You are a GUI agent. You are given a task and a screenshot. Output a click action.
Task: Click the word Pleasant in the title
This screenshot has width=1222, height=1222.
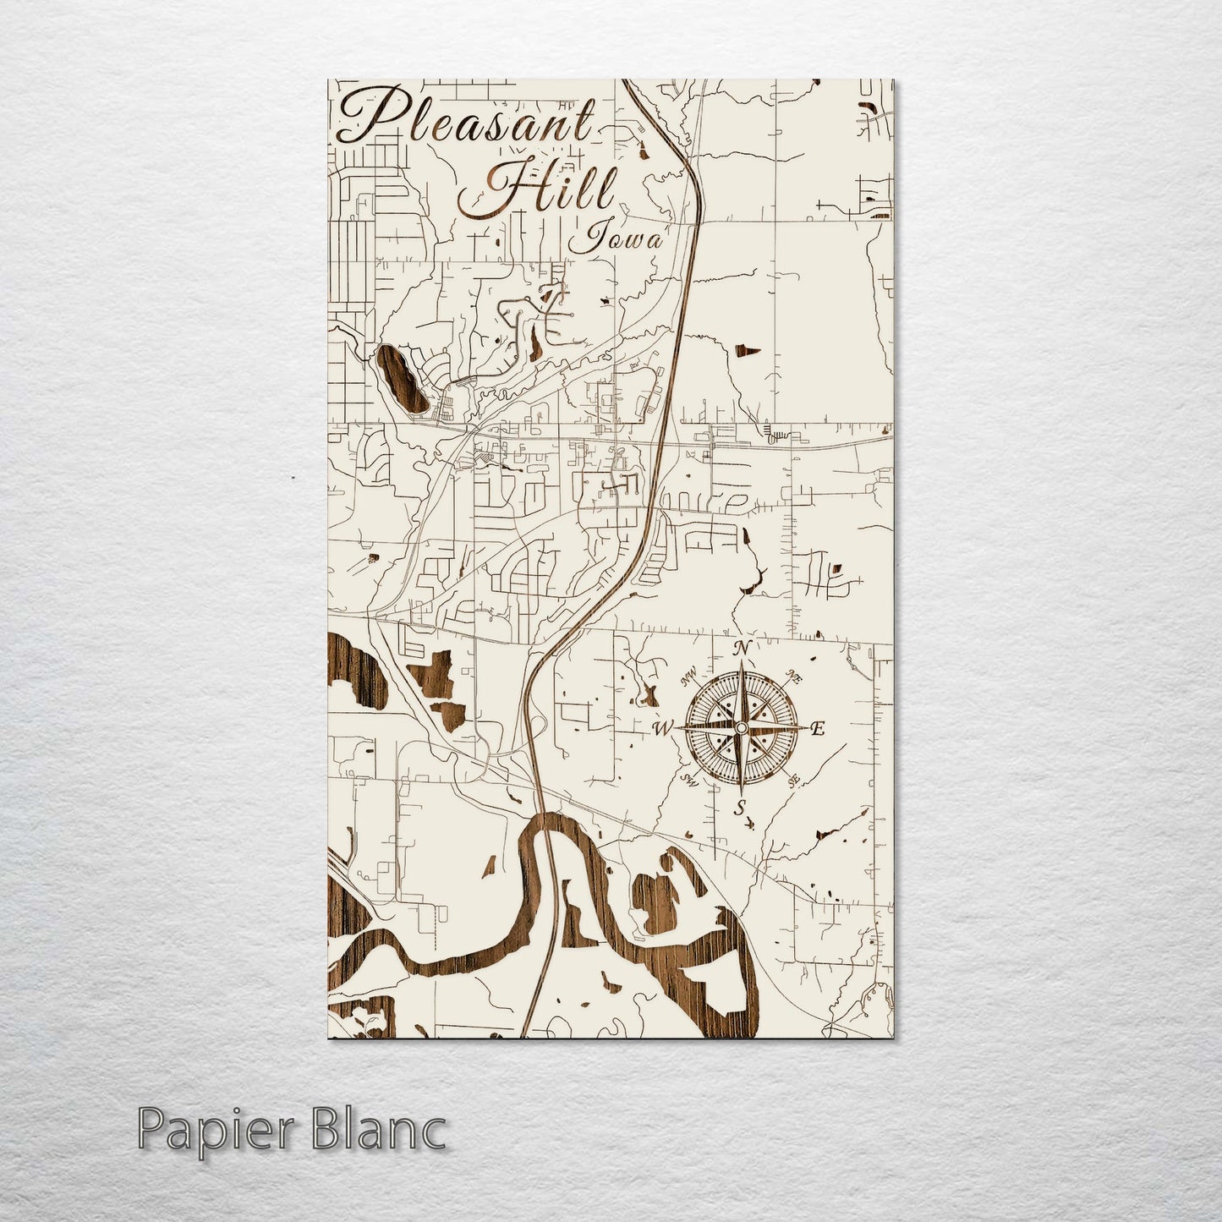465,118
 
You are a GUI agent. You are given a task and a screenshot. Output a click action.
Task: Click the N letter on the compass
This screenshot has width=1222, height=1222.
742,649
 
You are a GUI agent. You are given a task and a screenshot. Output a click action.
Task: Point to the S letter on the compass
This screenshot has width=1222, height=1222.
739,808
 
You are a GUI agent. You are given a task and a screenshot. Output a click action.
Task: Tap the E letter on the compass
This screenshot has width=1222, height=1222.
817,729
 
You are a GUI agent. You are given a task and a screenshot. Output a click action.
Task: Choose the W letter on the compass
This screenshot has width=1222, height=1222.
662,728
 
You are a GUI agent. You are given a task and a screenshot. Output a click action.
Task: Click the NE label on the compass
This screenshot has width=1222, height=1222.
794,676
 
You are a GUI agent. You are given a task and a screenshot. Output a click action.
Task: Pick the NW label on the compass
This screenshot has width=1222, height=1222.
688,675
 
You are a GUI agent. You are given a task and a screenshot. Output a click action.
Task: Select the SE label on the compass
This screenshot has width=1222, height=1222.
794,781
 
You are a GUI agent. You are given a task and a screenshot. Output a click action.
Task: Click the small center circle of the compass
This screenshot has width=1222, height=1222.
741,728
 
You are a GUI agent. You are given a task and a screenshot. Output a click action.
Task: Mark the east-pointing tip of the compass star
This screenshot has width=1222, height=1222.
804,728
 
